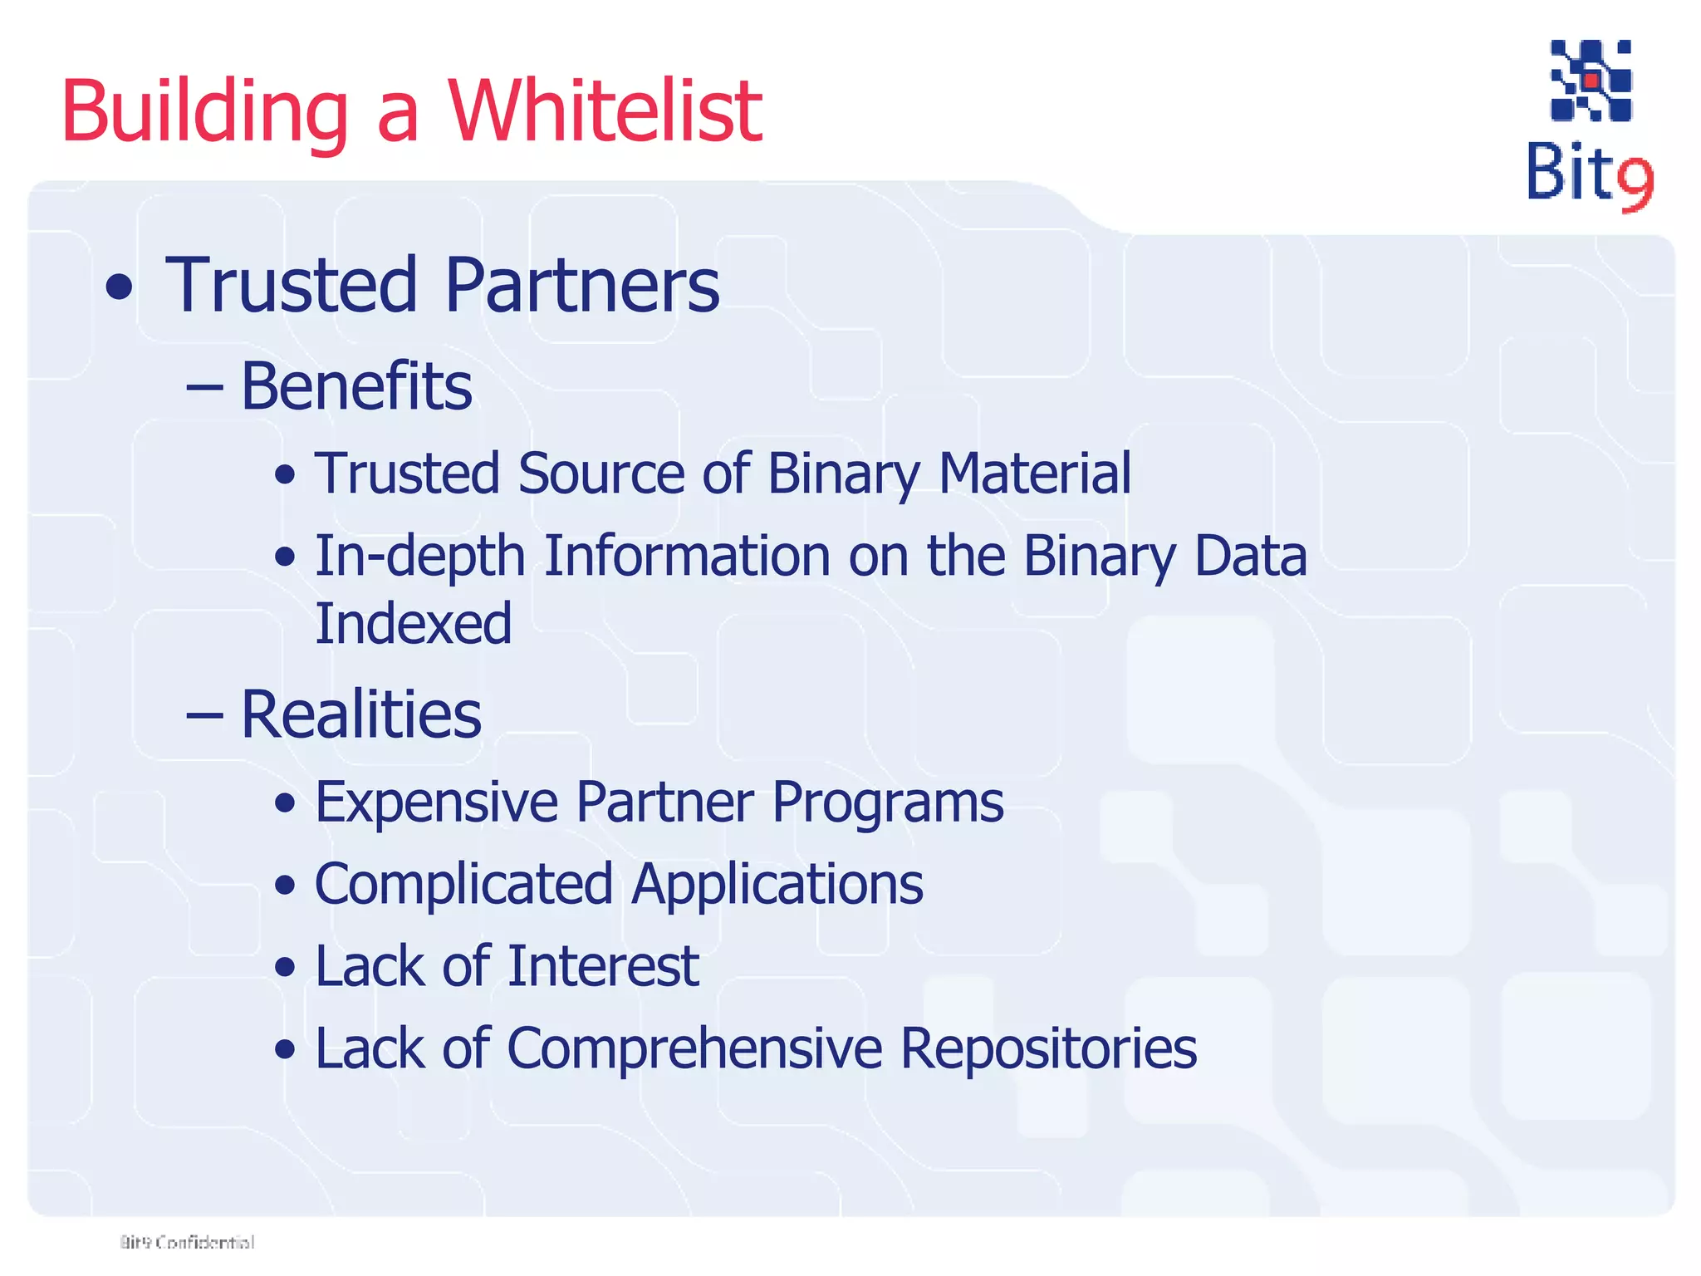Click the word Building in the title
coord(204,112)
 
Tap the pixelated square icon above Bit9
coord(1591,81)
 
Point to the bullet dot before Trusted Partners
coord(120,287)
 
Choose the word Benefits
coord(356,386)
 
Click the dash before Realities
coord(204,715)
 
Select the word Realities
coord(360,714)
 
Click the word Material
coord(1034,474)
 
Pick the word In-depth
coord(419,557)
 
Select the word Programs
coord(887,804)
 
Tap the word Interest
coord(603,966)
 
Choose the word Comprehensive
coord(694,1048)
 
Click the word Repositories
coord(1048,1048)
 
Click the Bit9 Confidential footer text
coord(187,1242)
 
